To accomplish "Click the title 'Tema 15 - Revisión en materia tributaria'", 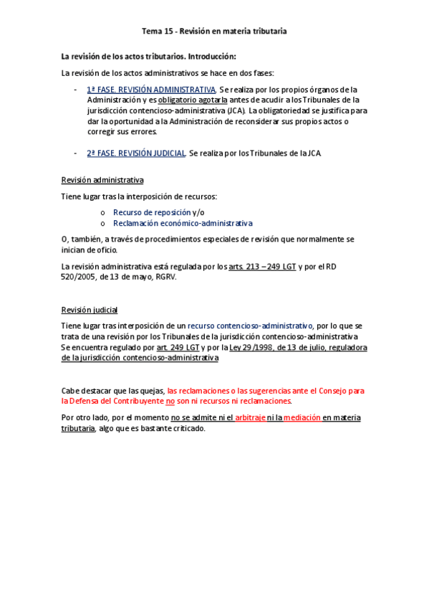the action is [214, 32].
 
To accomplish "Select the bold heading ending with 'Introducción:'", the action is [149, 56].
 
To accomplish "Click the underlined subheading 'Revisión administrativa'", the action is [102, 180].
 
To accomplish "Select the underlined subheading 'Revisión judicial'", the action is [90, 310].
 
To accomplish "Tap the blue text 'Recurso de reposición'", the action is [152, 212].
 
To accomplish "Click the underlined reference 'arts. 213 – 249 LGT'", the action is [261, 266].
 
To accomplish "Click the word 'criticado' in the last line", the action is [185, 429].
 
